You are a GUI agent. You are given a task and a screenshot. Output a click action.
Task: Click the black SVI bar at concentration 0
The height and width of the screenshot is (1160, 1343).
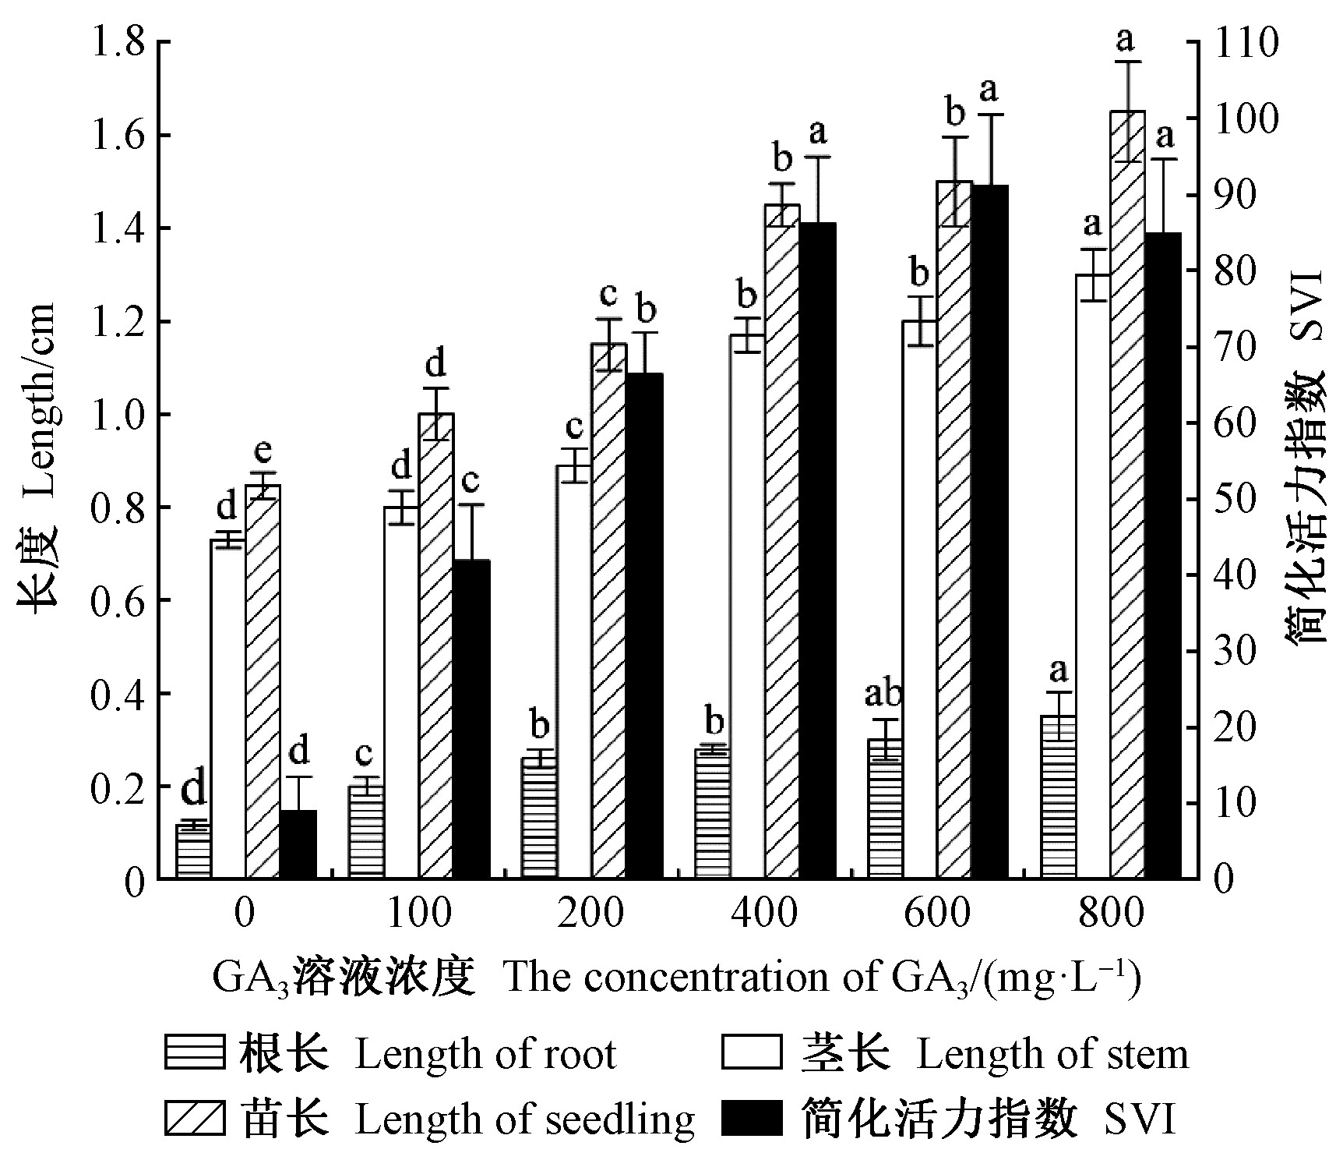pyautogui.click(x=298, y=844)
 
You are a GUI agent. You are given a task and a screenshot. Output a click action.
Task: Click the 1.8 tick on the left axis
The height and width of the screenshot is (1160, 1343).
pyautogui.click(x=117, y=42)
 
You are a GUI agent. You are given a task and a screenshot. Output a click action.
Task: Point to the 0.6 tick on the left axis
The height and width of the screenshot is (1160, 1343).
pyautogui.click(x=117, y=600)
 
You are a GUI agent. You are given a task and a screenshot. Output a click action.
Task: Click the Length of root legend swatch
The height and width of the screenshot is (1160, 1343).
pyautogui.click(x=195, y=1053)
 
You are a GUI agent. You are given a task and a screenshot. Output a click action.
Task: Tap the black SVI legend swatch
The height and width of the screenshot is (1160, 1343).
pyautogui.click(x=752, y=1119)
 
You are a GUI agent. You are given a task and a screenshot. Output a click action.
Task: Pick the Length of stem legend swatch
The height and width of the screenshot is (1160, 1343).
pyautogui.click(x=752, y=1053)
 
